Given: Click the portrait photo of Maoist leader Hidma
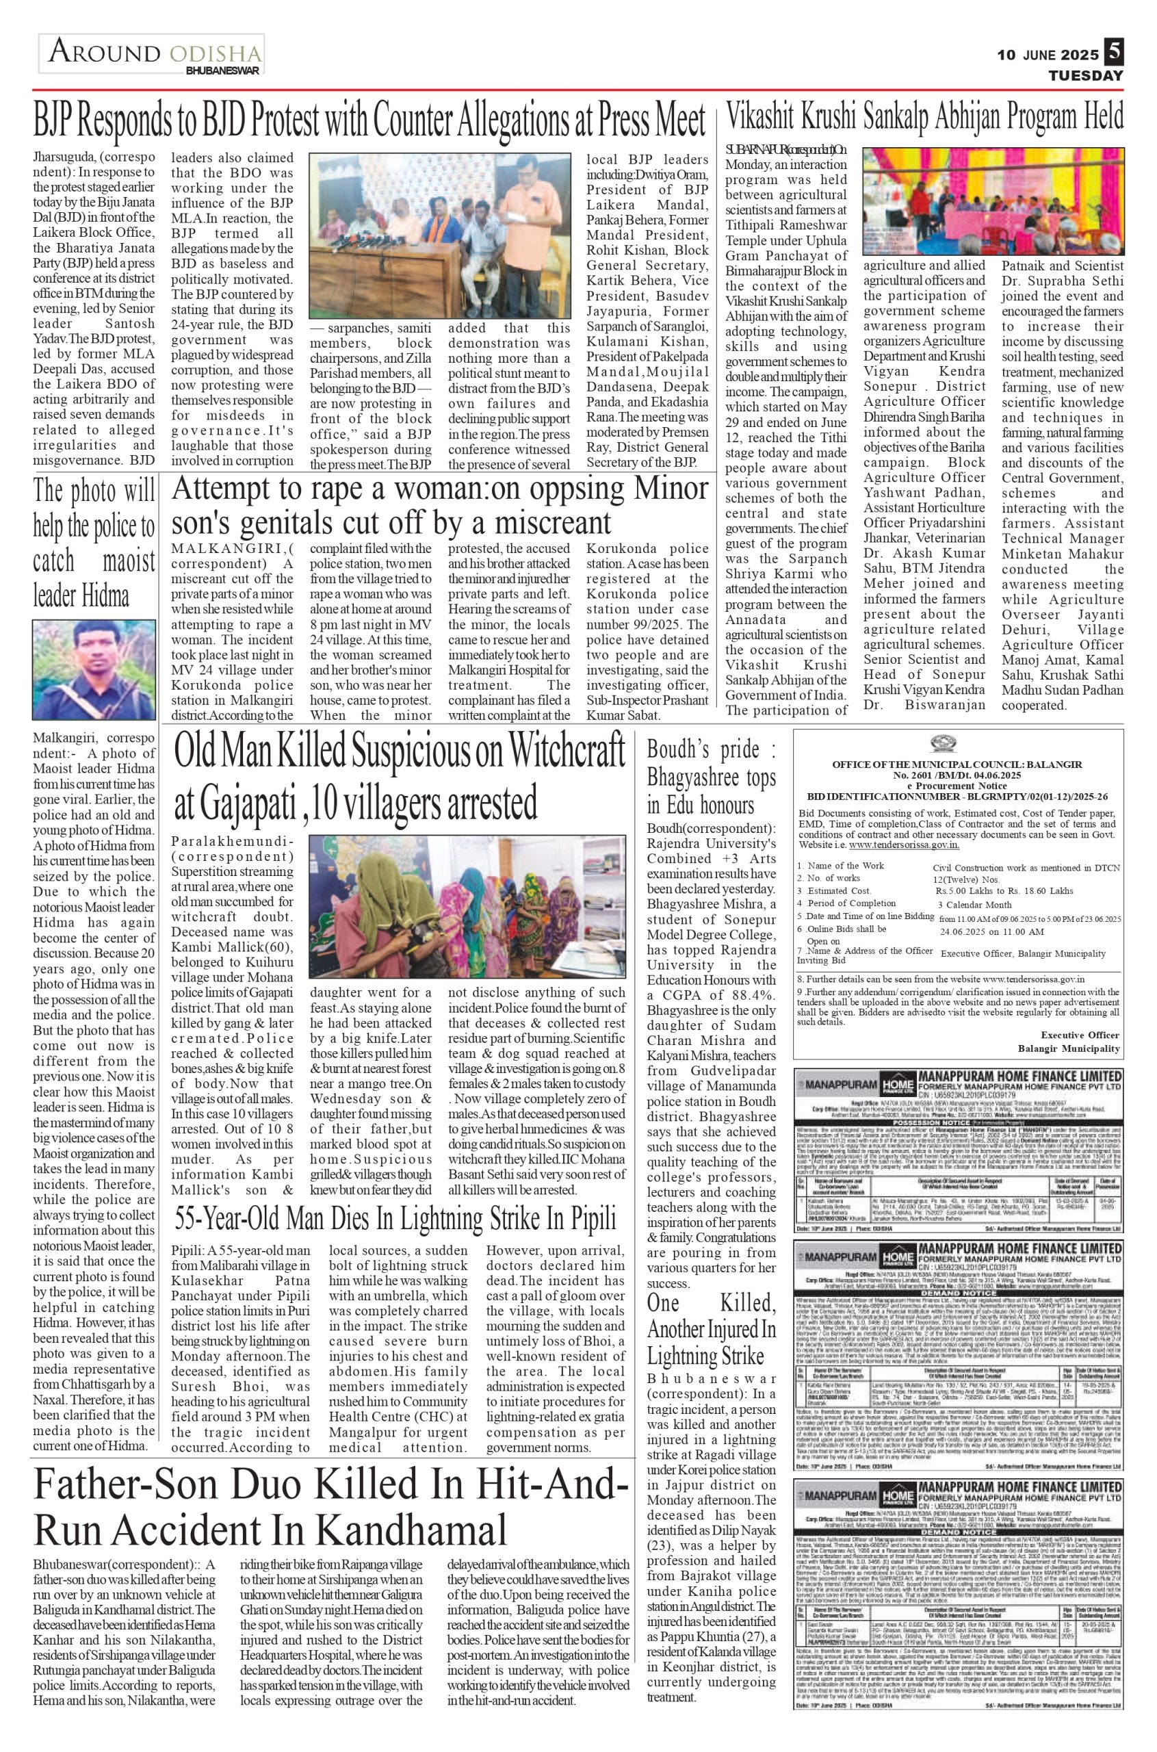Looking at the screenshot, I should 94,669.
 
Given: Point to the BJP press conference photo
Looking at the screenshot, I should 440,235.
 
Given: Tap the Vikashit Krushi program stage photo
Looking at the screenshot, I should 993,201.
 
